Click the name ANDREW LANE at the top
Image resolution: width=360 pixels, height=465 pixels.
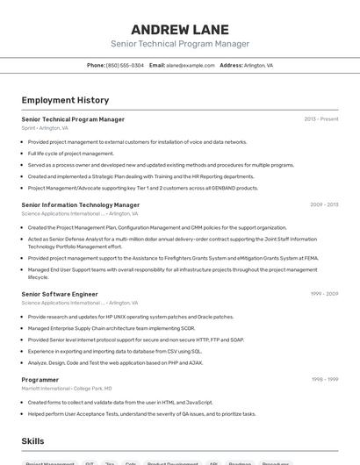[180, 29]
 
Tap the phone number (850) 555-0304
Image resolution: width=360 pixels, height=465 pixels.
[125, 65]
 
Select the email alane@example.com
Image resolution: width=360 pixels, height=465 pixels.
[191, 65]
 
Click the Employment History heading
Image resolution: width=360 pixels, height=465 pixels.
[65, 100]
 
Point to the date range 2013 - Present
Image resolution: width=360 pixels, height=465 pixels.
[320, 118]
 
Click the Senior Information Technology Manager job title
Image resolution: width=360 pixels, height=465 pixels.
[80, 204]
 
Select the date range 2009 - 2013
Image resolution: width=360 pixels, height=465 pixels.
[323, 204]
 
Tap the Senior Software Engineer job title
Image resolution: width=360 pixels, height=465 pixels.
[60, 294]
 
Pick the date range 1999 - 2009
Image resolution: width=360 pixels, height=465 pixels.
[324, 294]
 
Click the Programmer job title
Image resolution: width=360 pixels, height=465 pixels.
[41, 379]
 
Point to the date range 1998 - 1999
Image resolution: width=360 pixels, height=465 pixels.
[324, 379]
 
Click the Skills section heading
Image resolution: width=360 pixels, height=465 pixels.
[32, 441]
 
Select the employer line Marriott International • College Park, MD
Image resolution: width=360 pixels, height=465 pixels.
[67, 388]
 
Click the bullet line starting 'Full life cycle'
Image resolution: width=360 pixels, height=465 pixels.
[70, 153]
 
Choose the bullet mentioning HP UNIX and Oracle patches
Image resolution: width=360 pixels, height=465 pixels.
[130, 317]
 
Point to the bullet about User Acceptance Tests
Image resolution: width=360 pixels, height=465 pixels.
[141, 413]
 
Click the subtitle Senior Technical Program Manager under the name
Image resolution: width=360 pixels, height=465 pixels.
[180, 44]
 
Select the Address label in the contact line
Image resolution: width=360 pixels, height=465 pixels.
[231, 65]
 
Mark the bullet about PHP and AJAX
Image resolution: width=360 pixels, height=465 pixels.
[115, 362]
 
